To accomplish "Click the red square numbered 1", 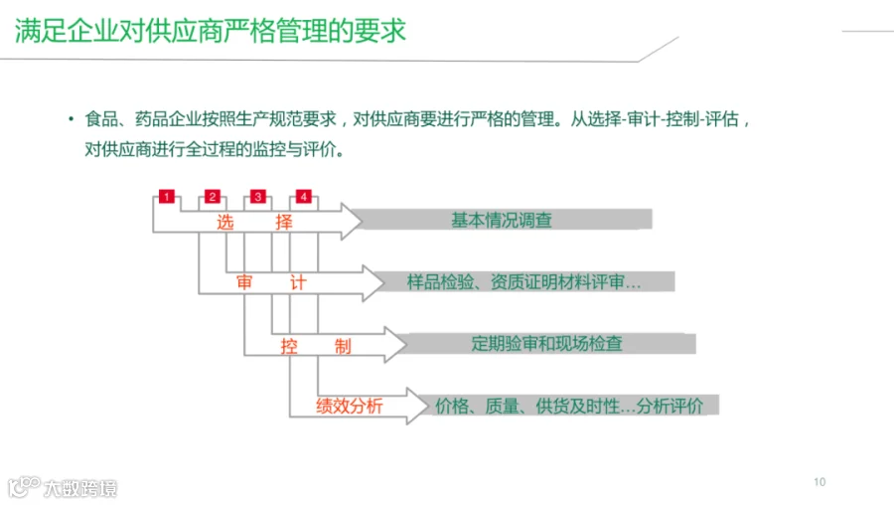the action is (x=167, y=197).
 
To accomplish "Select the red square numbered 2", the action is (x=213, y=197).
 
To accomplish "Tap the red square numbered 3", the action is (x=257, y=197).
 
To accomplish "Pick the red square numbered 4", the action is (x=303, y=197).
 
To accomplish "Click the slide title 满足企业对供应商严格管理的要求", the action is (x=211, y=31).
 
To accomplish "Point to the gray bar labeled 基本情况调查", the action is (x=506, y=220).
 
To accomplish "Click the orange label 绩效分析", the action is (x=350, y=406).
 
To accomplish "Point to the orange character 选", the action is (x=225, y=222).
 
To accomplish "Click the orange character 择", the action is (x=284, y=222).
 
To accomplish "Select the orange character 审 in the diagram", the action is (x=244, y=282).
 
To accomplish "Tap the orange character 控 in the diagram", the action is (x=289, y=346).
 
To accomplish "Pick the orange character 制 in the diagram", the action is (x=343, y=346).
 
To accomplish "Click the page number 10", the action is (x=819, y=482).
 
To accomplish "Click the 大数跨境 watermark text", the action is (x=80, y=488).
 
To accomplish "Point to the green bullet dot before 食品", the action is (x=72, y=118).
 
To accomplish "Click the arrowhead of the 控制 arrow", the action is (x=395, y=344).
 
